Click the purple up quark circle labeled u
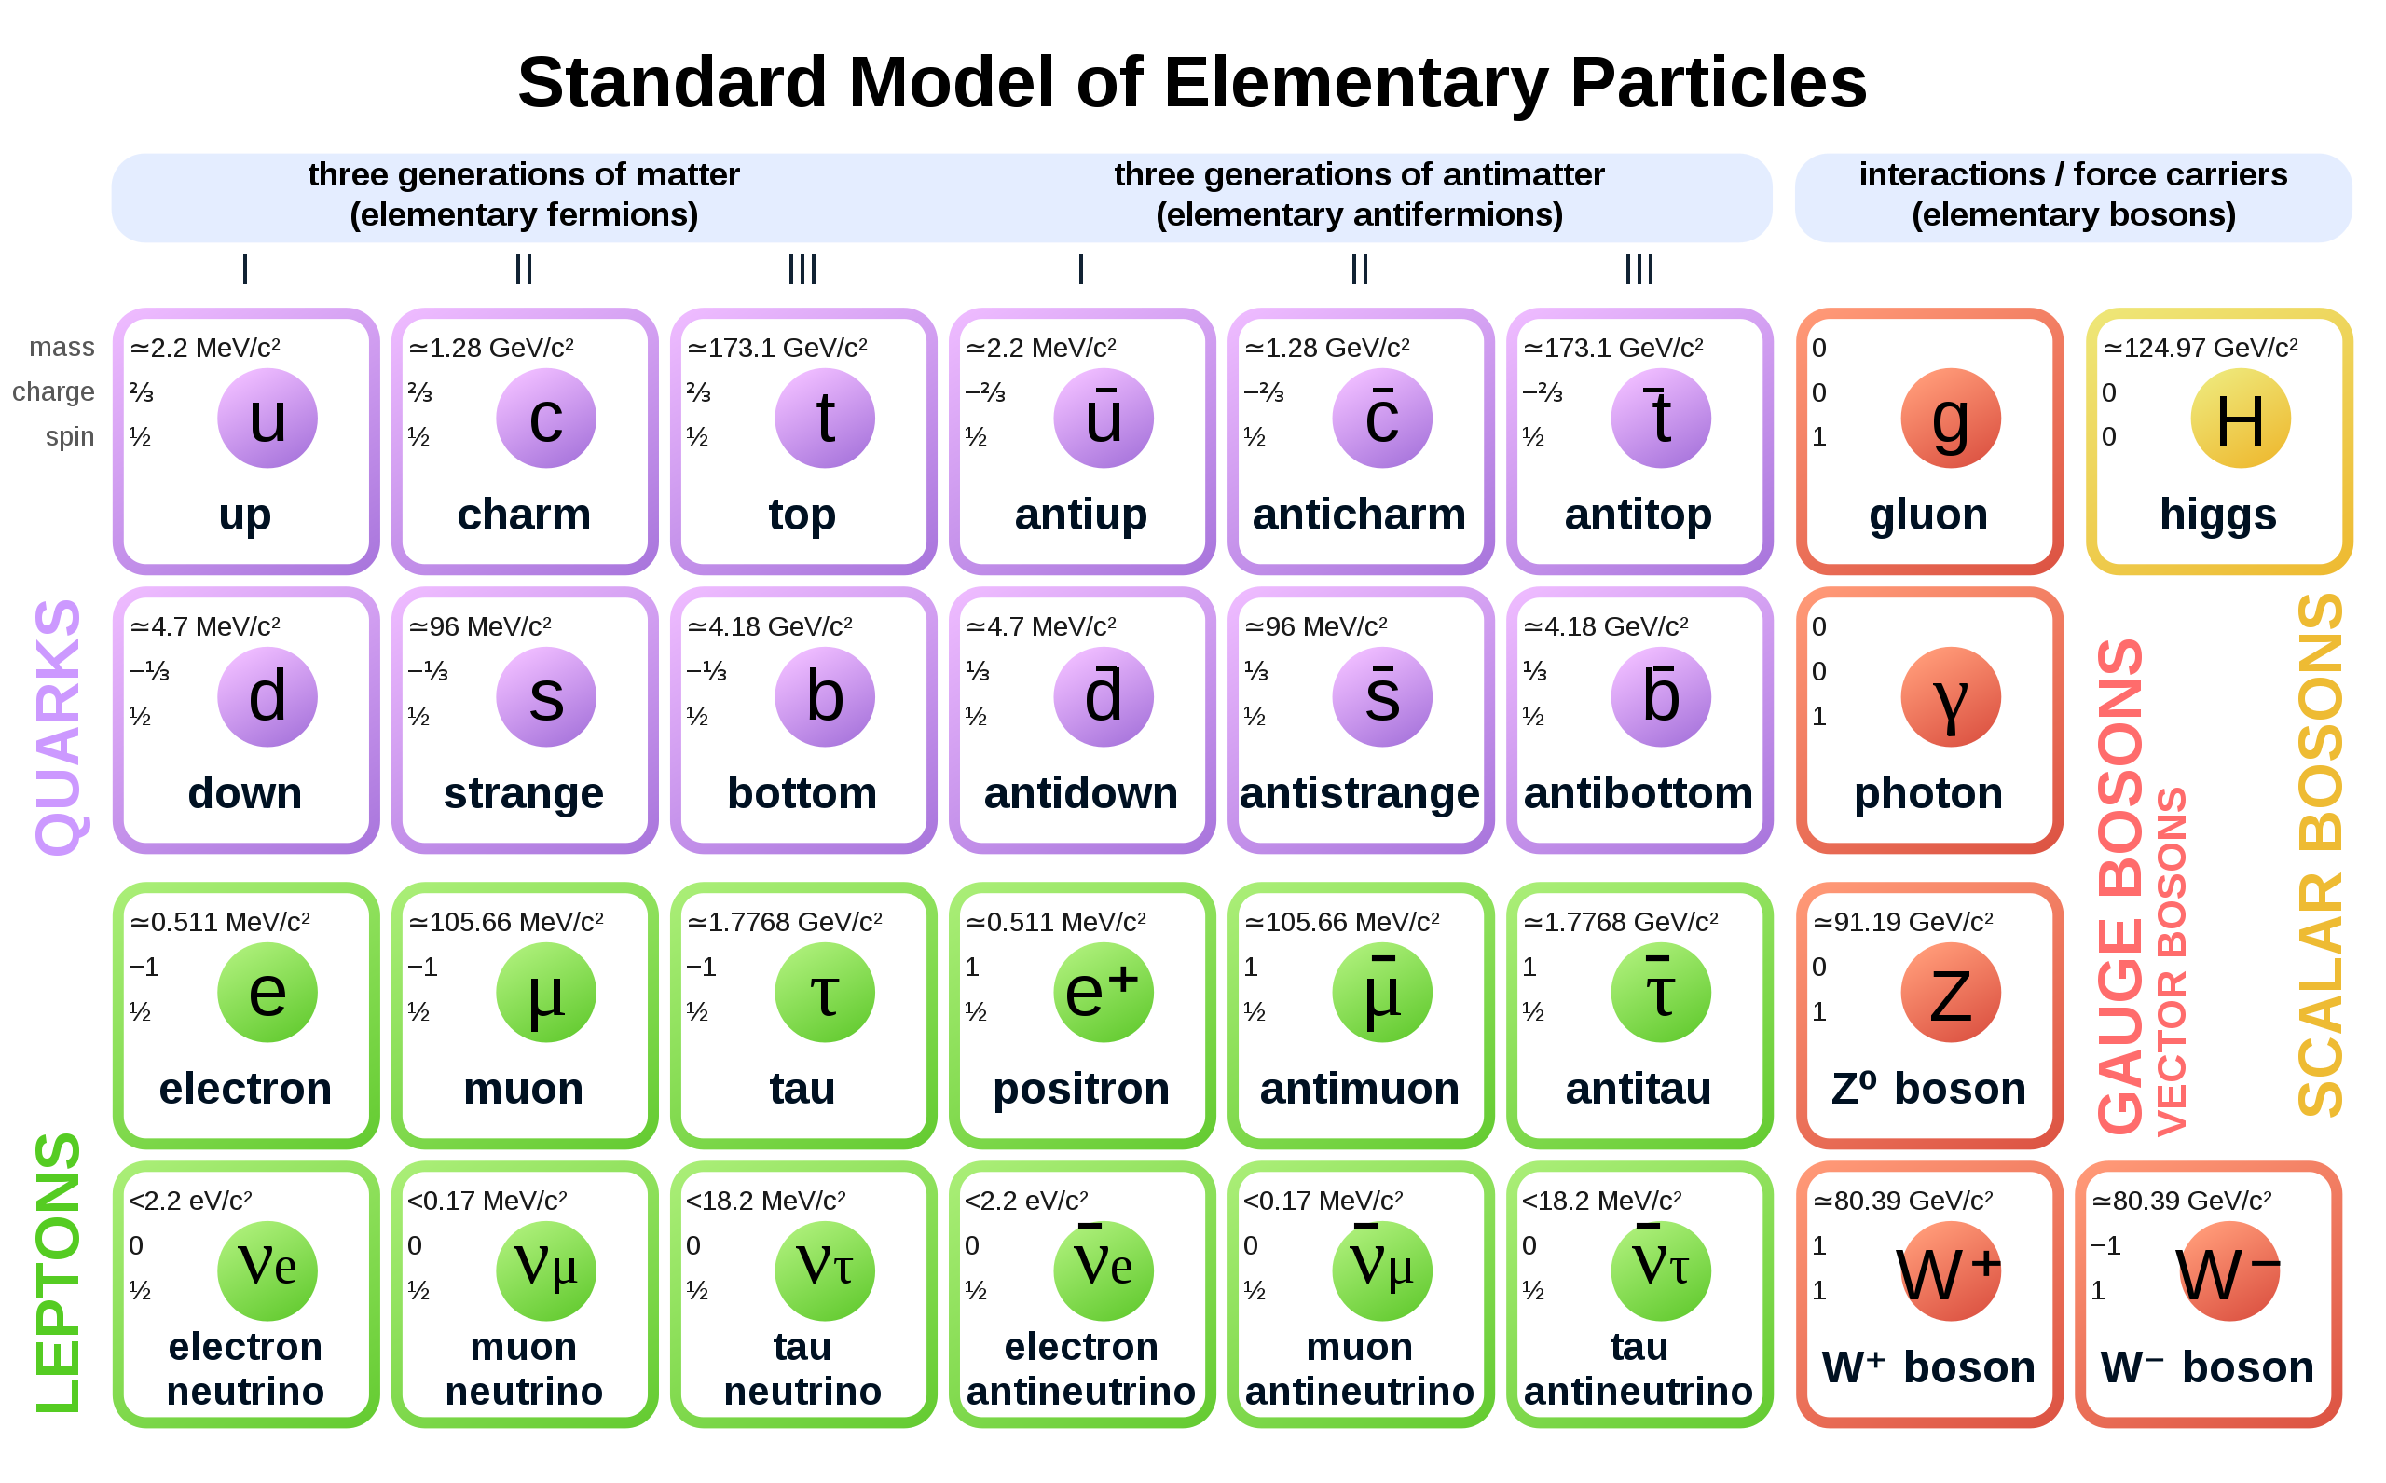[x=267, y=418]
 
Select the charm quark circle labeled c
[x=546, y=418]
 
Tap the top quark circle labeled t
[x=825, y=418]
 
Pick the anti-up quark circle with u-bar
[x=1104, y=418]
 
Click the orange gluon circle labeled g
[x=1951, y=418]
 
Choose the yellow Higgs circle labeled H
[x=2241, y=418]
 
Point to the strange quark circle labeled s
[x=546, y=696]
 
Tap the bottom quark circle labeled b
[x=825, y=696]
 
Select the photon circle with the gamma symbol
[x=1951, y=696]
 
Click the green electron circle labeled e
[x=267, y=992]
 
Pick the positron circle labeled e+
[x=1104, y=992]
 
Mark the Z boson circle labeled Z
[x=1951, y=992]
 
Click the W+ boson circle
[x=1951, y=1270]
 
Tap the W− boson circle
[x=2229, y=1270]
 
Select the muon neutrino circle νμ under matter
[x=546, y=1270]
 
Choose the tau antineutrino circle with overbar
[x=1661, y=1270]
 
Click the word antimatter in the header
[x=1524, y=174]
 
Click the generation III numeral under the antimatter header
[x=1639, y=268]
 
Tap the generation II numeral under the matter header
[x=524, y=268]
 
